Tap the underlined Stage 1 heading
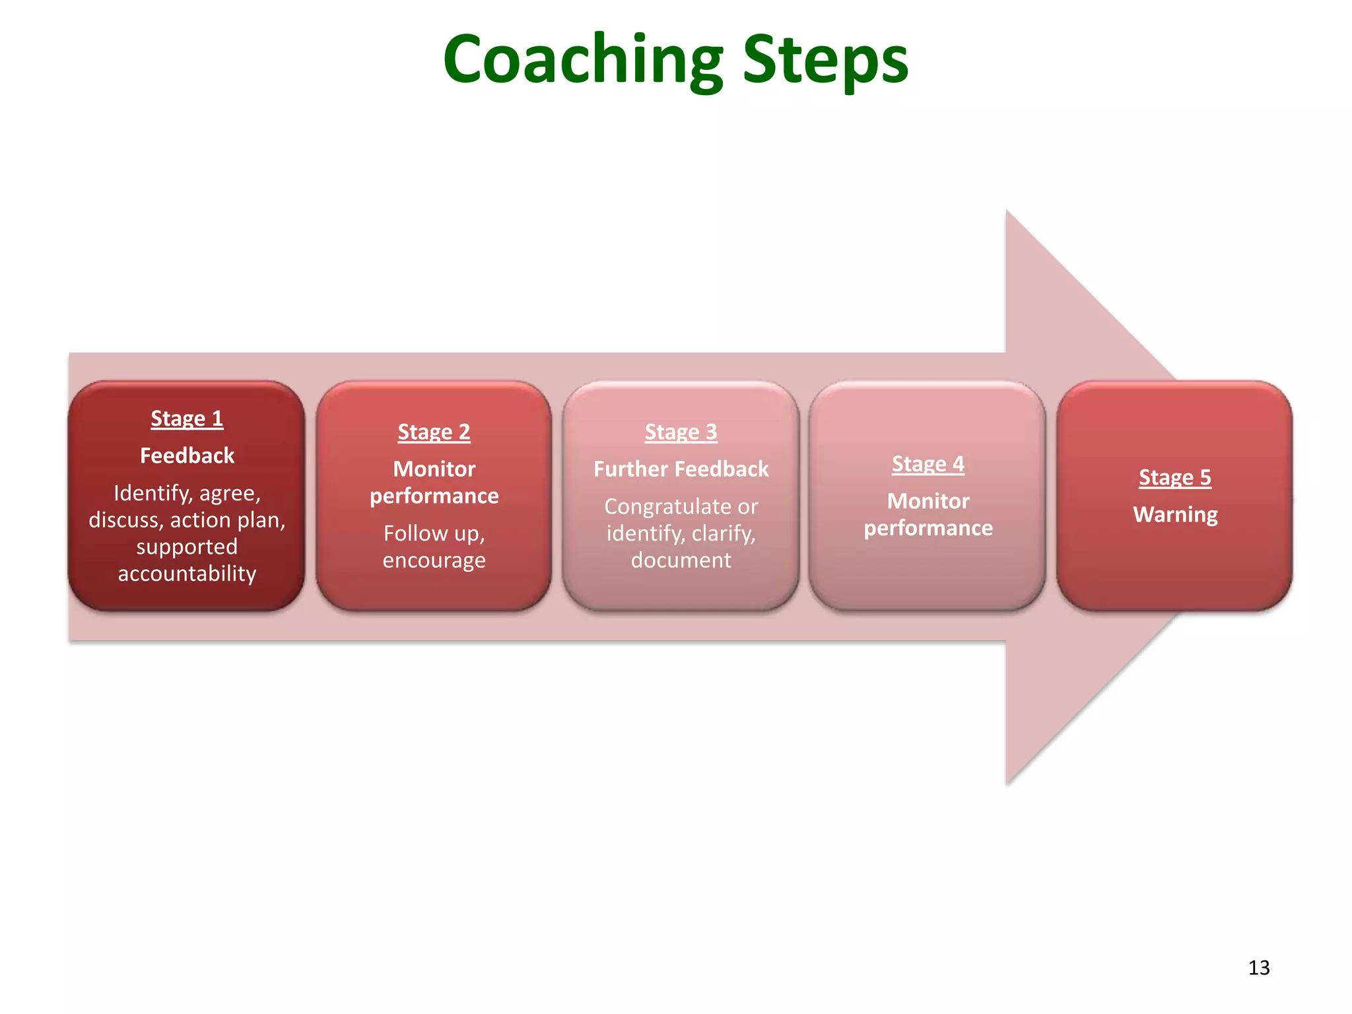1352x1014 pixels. tap(187, 419)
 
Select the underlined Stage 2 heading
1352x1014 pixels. tap(434, 432)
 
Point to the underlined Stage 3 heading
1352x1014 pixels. tap(681, 432)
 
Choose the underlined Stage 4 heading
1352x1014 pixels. tap(928, 464)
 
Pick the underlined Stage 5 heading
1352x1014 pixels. tap(1175, 477)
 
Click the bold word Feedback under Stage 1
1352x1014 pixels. tap(187, 456)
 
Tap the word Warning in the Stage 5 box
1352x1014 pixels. tap(1175, 514)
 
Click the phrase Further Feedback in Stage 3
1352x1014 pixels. tap(681, 469)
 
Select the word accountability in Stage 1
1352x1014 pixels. tap(187, 573)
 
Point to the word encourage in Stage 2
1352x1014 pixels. tap(434, 560)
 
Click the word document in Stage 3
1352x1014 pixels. tap(681, 560)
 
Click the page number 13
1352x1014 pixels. tap(1259, 968)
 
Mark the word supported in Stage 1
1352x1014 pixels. tap(187, 547)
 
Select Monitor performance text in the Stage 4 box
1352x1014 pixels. tap(928, 514)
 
